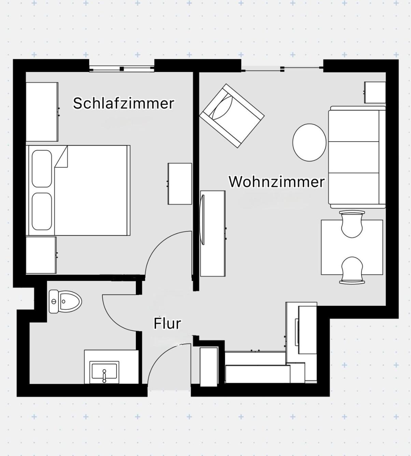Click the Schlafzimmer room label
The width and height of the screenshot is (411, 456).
(124, 103)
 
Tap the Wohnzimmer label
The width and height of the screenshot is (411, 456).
(277, 182)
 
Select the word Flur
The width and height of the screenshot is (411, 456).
(167, 324)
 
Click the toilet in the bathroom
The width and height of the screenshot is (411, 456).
(65, 302)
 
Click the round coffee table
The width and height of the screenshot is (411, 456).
(309, 143)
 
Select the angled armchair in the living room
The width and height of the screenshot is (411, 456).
(232, 116)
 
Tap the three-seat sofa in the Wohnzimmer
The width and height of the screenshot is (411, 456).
(357, 157)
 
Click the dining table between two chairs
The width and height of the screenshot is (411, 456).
(352, 247)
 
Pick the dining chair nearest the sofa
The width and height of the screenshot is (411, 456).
(352, 224)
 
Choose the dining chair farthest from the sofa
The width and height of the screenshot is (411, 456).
(352, 270)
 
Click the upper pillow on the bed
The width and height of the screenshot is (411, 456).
(42, 169)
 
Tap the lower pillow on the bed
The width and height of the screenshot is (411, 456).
(42, 211)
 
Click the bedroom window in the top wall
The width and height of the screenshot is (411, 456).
(122, 68)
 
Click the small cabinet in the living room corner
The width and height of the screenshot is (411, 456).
(375, 92)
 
